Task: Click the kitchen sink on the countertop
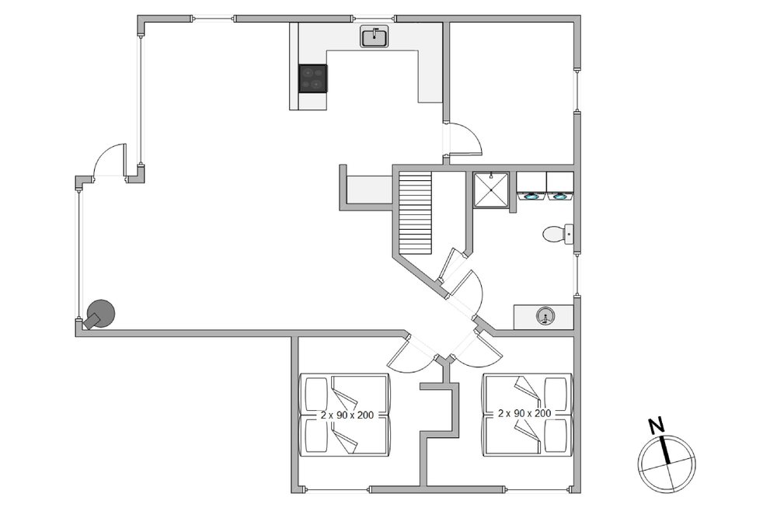pos(375,37)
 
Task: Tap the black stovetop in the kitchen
pos(312,78)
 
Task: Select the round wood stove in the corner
pos(100,315)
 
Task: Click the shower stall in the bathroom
pos(491,189)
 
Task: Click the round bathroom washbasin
pos(545,316)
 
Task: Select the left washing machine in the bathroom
pos(531,186)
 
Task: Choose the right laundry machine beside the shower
pos(560,186)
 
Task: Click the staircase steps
pos(415,213)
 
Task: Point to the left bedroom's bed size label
pos(347,415)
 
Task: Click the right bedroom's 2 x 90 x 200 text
pos(524,413)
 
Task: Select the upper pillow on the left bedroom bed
pos(316,394)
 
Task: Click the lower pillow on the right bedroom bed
pos(556,436)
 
